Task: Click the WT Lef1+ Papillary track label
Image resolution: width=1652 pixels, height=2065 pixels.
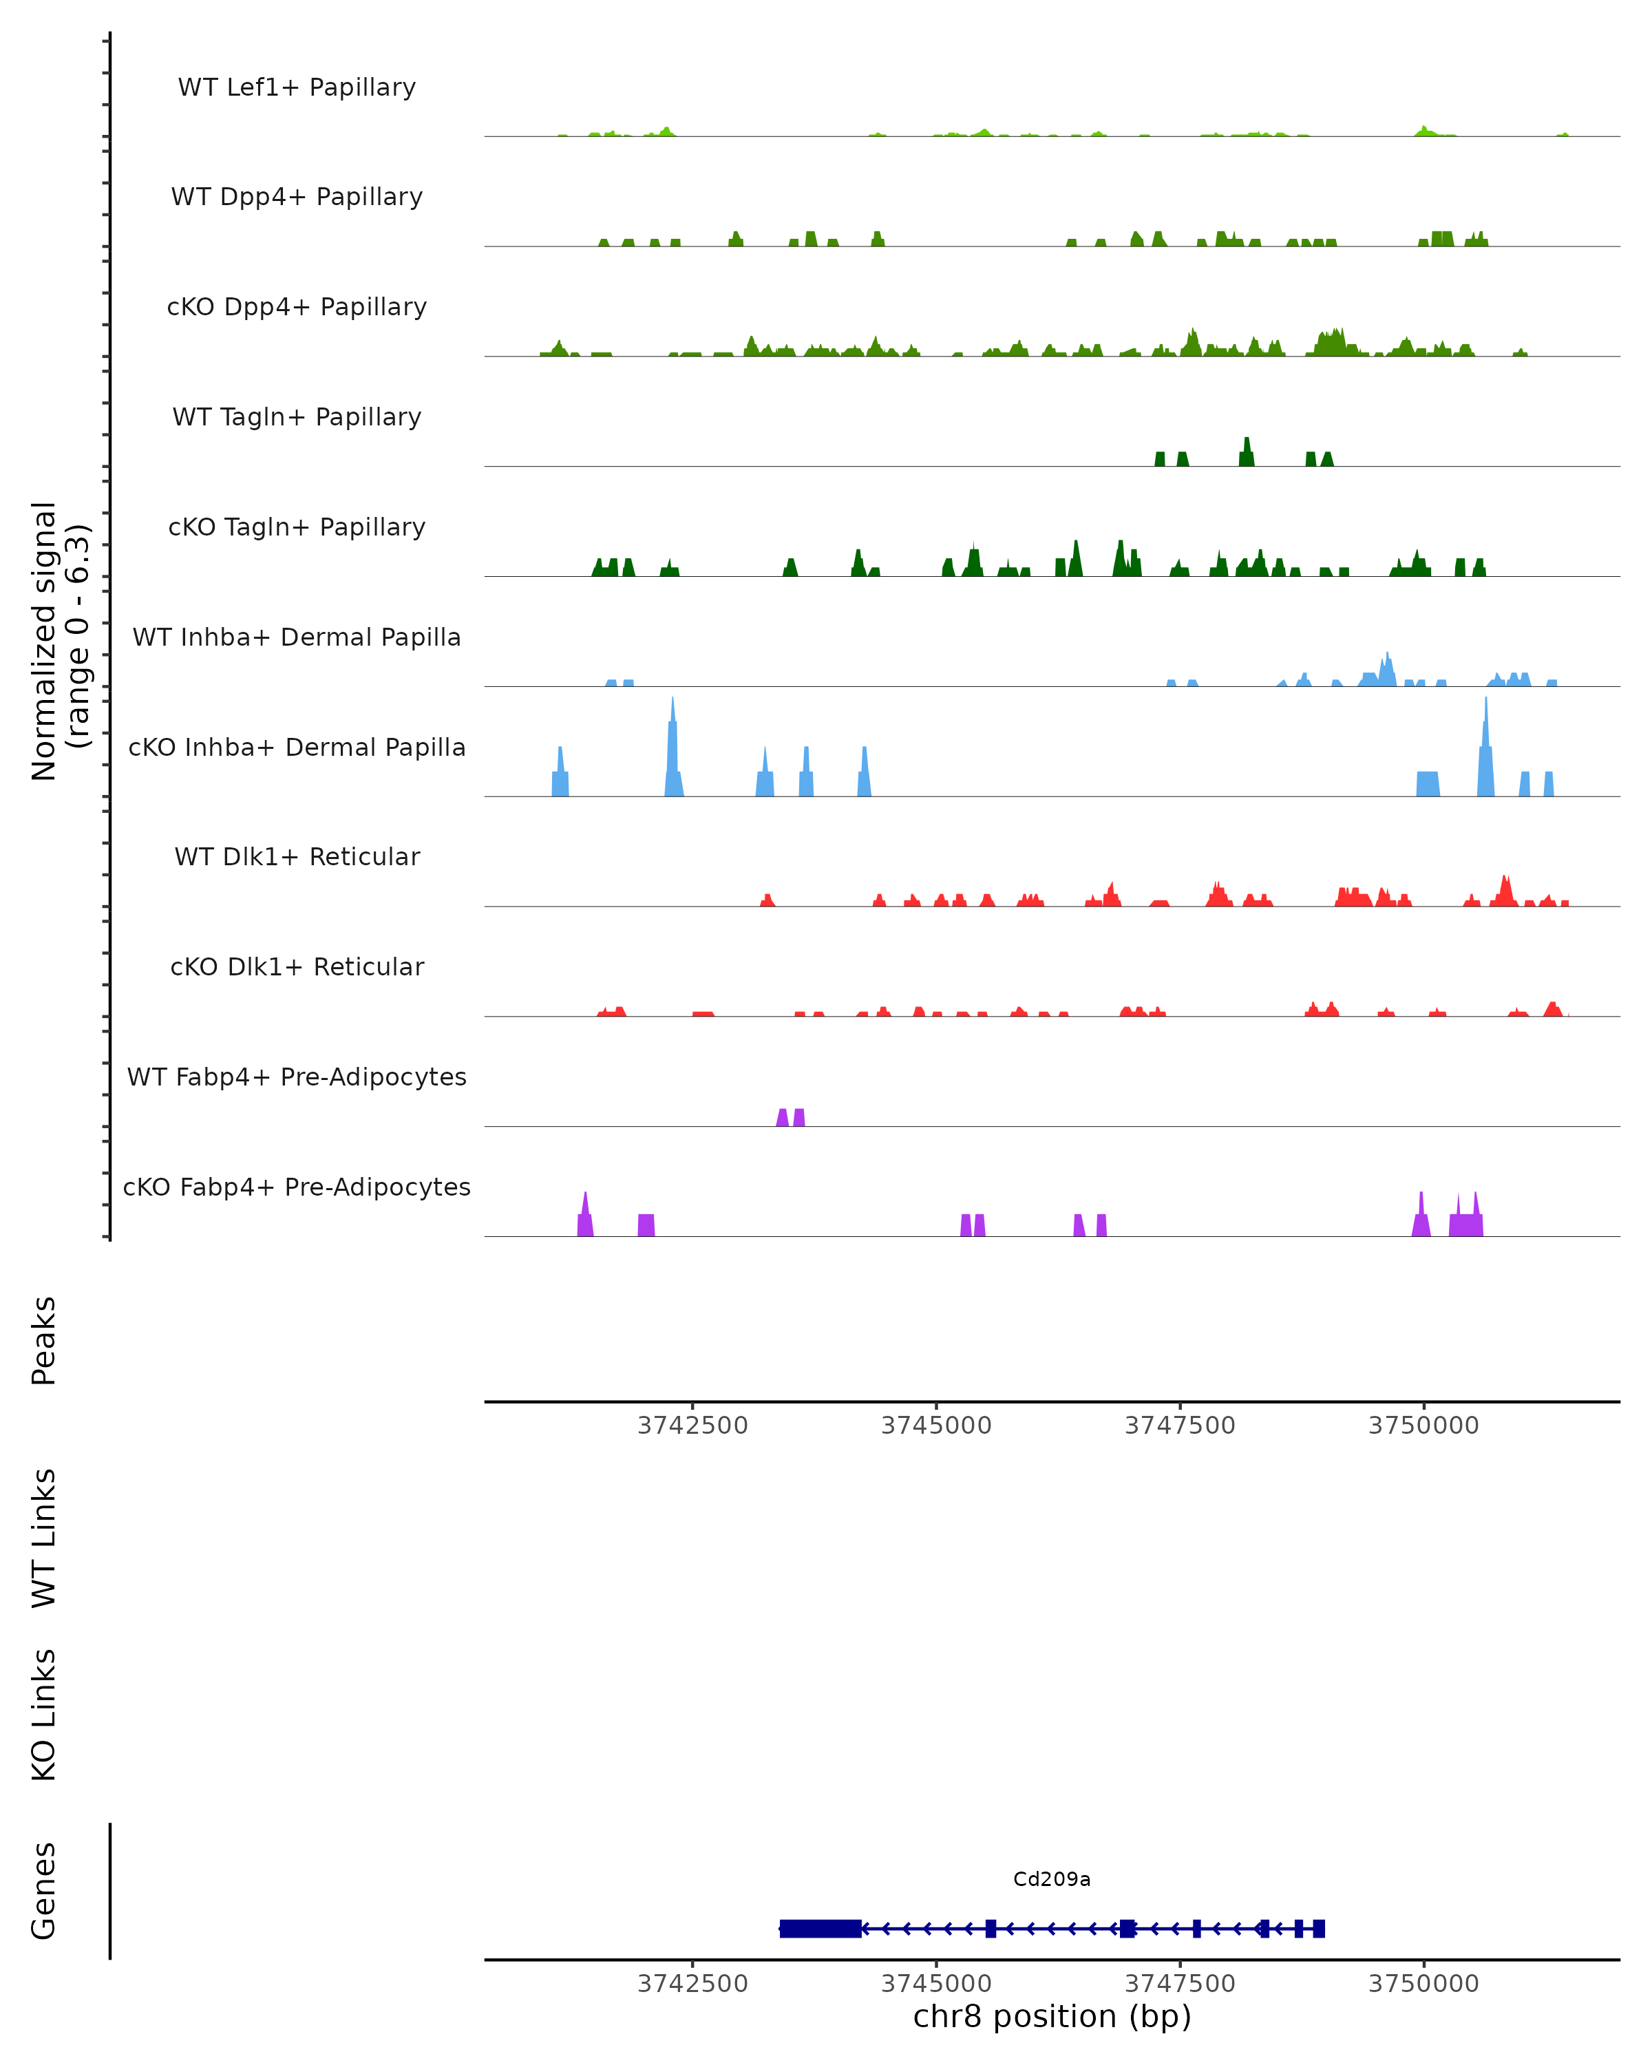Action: [x=297, y=87]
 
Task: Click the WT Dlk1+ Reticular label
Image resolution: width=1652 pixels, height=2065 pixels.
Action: [x=297, y=856]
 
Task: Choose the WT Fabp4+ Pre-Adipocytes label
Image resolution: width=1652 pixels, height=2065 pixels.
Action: [x=297, y=1077]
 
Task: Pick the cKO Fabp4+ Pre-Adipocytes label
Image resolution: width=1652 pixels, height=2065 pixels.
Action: [x=297, y=1187]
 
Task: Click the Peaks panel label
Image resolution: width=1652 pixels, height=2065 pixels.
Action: [x=44, y=1341]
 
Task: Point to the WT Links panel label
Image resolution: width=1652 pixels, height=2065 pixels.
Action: [x=44, y=1537]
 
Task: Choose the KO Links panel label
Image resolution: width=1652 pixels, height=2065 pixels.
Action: [x=44, y=1715]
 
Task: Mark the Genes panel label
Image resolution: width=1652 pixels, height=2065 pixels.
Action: [x=44, y=1891]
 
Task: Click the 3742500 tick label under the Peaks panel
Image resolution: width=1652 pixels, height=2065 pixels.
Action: [x=692, y=1426]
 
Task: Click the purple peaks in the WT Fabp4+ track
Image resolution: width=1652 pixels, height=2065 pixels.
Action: [x=791, y=1118]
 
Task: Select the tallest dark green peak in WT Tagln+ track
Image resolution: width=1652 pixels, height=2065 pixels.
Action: [x=1246, y=452]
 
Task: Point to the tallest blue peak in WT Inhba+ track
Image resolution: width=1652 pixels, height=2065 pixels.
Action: [x=1388, y=668]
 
